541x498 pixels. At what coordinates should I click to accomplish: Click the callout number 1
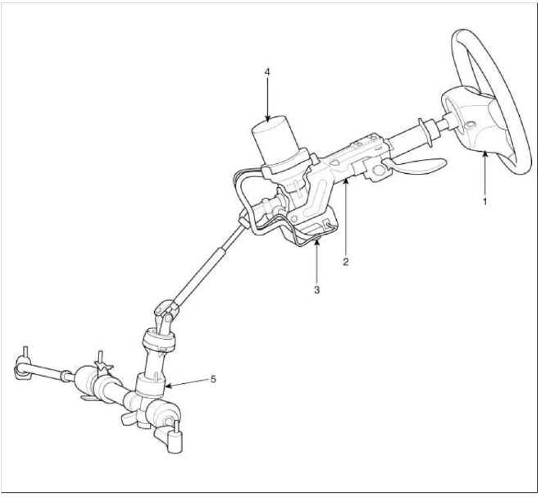click(x=484, y=202)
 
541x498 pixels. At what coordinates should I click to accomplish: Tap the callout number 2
click(x=346, y=262)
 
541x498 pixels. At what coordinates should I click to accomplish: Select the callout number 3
click(x=316, y=290)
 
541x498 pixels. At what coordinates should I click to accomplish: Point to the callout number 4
click(x=267, y=72)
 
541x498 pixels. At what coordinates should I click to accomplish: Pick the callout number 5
click(x=214, y=379)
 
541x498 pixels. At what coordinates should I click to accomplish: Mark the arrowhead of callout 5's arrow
click(x=167, y=386)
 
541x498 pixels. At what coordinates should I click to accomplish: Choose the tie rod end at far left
click(x=23, y=367)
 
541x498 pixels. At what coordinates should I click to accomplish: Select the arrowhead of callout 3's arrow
click(x=316, y=242)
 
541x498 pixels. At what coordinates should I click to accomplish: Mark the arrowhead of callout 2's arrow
click(x=346, y=182)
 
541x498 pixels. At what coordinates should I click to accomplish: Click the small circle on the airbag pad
click(x=469, y=125)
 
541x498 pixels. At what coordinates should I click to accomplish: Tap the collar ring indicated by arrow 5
click(x=150, y=385)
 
